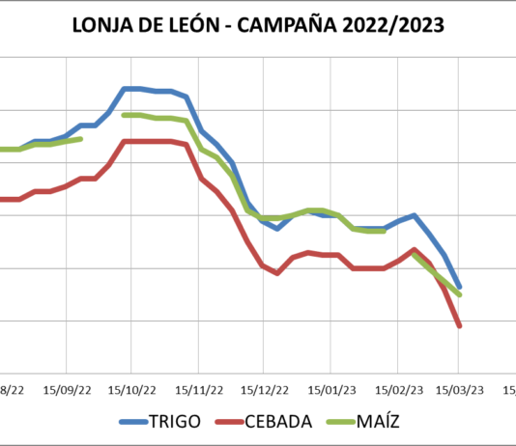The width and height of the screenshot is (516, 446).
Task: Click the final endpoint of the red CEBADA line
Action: click(459, 326)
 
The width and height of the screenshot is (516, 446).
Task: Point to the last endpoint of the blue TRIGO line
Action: click(459, 287)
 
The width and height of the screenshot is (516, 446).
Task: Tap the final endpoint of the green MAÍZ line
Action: click(459, 294)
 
